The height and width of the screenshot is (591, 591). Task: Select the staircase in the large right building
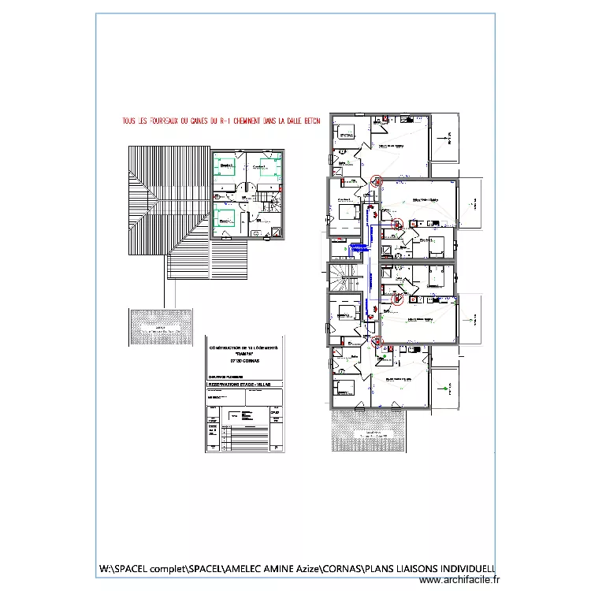coord(344,277)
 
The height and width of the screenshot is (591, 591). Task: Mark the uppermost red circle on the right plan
coord(376,180)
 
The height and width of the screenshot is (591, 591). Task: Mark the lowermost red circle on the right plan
coord(376,341)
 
